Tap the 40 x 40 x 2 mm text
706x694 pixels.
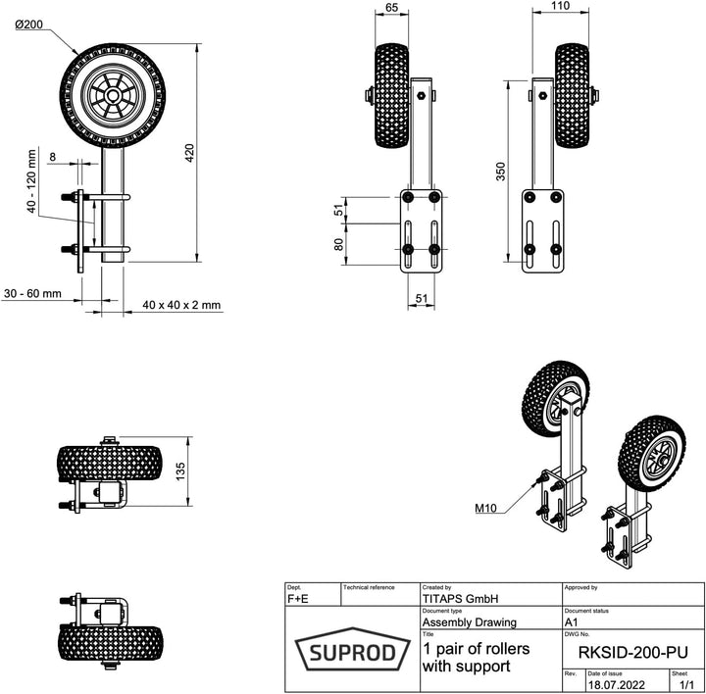181,305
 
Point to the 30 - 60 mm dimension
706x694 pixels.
32,293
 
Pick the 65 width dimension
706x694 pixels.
391,8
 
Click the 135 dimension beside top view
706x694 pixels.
179,473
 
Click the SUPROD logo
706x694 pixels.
352,652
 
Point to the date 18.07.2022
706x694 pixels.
618,685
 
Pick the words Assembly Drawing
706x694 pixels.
469,621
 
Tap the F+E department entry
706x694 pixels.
298,597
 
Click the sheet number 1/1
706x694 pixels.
685,685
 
